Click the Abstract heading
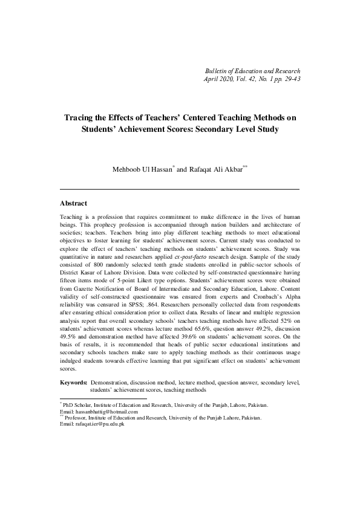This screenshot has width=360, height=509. pyautogui.click(x=73, y=204)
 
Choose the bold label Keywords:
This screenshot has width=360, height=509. pyautogui.click(x=74, y=383)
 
